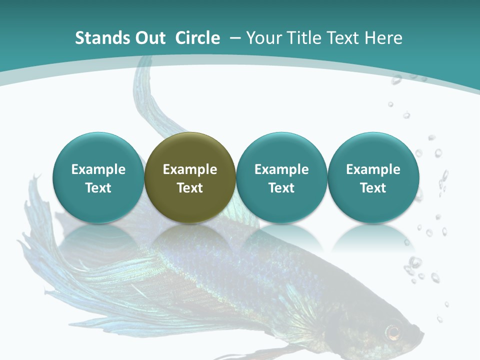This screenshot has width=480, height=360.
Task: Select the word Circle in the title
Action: tap(197, 38)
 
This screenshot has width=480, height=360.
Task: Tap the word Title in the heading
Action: tap(305, 38)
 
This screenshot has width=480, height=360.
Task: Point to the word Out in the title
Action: tap(147, 38)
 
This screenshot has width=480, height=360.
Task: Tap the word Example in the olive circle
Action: tap(190, 169)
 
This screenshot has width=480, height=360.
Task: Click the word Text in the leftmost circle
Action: tap(98, 188)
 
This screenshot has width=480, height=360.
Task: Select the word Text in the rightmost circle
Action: tap(373, 188)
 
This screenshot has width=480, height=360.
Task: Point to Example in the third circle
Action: tap(281, 169)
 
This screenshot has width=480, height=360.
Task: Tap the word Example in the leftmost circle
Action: tap(98, 169)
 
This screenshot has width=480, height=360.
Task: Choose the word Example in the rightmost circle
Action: tap(373, 169)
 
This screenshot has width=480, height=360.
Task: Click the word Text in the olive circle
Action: tap(190, 188)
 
